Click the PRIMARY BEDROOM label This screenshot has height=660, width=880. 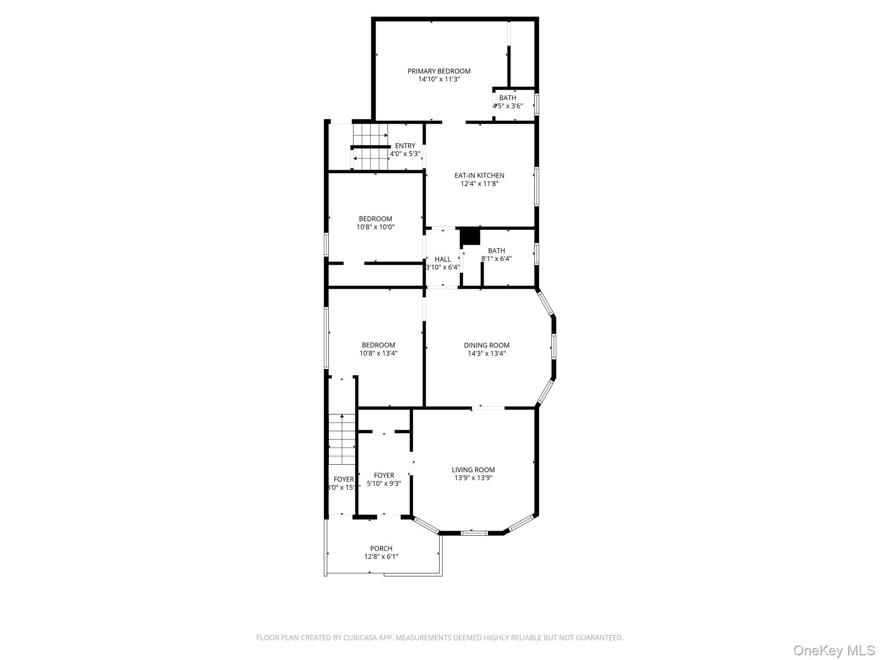pos(439,71)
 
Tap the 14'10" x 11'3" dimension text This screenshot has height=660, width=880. pos(439,79)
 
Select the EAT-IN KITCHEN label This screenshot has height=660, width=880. pos(479,175)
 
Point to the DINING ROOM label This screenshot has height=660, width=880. pos(486,345)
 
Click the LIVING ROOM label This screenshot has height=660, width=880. pos(473,470)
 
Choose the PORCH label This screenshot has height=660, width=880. pos(381,548)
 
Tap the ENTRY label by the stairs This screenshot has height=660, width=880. pos(405,146)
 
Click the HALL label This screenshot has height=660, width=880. pos(443,259)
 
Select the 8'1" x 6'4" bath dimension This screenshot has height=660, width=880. pos(496,259)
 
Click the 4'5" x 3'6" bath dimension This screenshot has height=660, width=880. pos(507,106)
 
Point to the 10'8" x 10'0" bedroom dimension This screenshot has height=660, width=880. pos(375,227)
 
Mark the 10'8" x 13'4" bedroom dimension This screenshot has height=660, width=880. pos(378,353)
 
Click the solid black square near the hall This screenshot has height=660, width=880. pos(470,236)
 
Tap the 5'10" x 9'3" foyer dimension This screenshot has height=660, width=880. pos(384,483)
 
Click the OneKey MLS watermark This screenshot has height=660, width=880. pos(834,650)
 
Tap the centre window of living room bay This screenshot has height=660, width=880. pos(474,533)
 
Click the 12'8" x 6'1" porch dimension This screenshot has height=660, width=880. pos(381,557)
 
